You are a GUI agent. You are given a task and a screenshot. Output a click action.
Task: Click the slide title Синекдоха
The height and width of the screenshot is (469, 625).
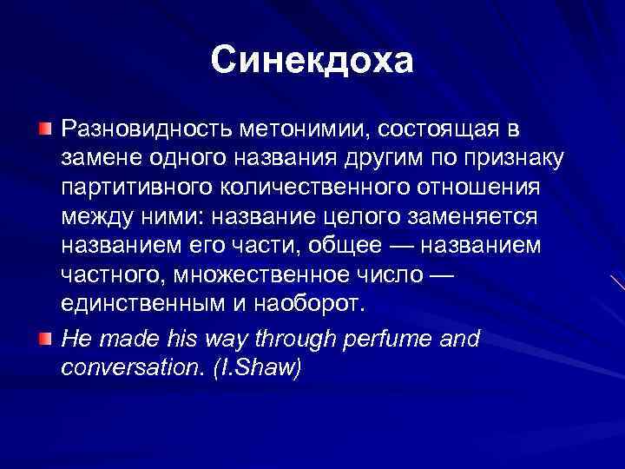coord(312,61)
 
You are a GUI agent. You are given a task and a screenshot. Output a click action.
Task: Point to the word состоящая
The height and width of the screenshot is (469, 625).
coord(437,129)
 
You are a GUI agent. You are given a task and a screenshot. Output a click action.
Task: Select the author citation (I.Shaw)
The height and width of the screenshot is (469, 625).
coord(260,367)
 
